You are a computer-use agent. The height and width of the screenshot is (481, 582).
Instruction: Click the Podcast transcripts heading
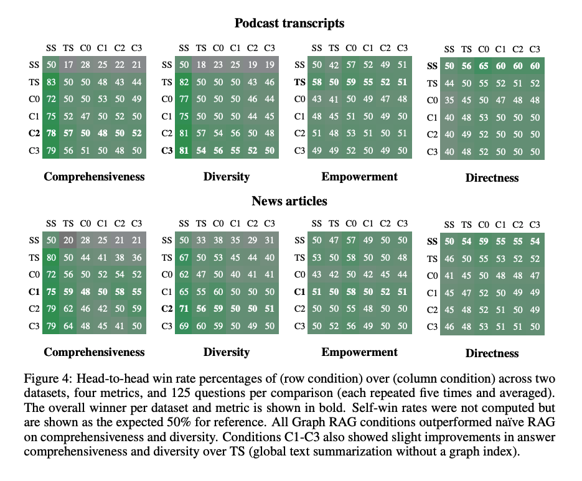pos(289,24)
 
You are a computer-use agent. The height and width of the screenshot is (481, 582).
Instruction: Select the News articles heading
pos(289,201)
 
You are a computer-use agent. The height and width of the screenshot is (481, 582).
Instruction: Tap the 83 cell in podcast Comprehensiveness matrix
pos(51,82)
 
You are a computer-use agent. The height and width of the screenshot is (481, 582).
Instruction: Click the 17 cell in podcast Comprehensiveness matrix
pos(68,64)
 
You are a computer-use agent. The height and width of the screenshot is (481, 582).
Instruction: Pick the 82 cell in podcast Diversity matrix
pos(184,82)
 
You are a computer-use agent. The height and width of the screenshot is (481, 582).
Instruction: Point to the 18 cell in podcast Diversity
pos(201,64)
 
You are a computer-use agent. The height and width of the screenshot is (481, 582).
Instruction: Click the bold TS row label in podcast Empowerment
pos(300,82)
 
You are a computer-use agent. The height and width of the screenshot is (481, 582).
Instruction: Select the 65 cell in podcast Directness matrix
pos(484,66)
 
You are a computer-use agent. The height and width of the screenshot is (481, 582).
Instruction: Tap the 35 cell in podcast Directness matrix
pos(449,100)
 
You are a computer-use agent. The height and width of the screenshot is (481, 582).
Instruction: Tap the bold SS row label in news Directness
pos(433,241)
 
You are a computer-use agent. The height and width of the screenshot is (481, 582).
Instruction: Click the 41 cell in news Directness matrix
pos(449,276)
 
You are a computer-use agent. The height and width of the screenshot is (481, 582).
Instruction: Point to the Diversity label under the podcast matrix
pos(227,177)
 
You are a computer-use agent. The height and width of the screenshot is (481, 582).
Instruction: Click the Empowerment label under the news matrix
pos(359,352)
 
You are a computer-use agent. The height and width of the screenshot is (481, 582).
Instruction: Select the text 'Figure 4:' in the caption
pos(44,379)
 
